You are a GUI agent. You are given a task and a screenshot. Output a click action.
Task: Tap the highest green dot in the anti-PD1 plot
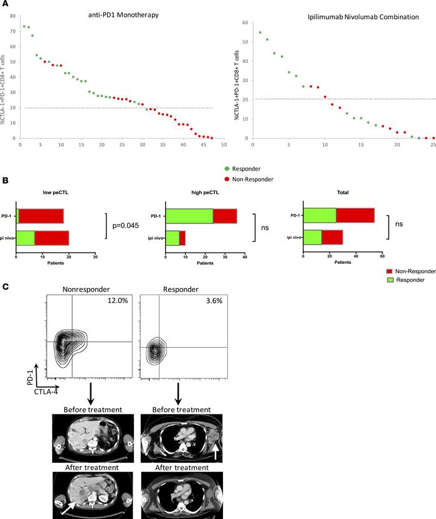24,26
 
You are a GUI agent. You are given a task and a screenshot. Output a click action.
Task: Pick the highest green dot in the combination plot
260,32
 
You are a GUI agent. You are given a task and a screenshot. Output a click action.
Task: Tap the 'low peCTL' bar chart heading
55,193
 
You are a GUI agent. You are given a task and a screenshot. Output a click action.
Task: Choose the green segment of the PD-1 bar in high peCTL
189,216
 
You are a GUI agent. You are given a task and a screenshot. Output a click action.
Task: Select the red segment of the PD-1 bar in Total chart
355,215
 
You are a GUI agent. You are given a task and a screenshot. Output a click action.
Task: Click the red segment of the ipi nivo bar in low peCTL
52,238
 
